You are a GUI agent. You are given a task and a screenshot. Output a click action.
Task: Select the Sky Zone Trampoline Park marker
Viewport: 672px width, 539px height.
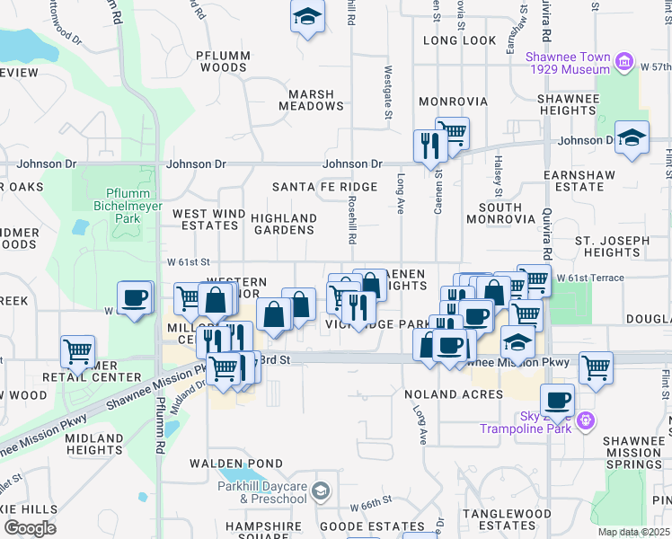[586, 420]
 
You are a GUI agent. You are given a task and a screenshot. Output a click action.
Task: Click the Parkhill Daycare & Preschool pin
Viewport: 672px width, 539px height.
[322, 490]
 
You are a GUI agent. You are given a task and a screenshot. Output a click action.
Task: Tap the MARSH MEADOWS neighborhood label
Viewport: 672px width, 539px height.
[311, 100]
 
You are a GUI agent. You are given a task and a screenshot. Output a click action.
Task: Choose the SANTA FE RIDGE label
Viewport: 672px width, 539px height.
[312, 186]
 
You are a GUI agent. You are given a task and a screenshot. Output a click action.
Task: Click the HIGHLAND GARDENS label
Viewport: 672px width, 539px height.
[284, 224]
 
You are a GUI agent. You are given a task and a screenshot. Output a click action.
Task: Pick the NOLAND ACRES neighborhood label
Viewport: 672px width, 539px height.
[453, 394]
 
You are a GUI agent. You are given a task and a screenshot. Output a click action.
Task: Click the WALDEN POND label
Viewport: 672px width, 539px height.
[223, 464]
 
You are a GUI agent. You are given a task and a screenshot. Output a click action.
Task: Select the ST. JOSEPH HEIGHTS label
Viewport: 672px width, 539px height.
[612, 246]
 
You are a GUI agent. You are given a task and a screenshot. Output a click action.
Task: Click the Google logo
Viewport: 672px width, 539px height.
[29, 527]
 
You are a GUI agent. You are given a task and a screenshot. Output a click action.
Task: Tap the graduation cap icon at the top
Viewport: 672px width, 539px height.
[307, 17]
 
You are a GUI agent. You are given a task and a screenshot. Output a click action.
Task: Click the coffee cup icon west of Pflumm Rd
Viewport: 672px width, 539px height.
[135, 297]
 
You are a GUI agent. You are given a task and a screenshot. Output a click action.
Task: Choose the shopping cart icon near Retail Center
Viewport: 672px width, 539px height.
[77, 351]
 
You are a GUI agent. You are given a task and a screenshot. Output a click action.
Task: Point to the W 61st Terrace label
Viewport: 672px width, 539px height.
[589, 278]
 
